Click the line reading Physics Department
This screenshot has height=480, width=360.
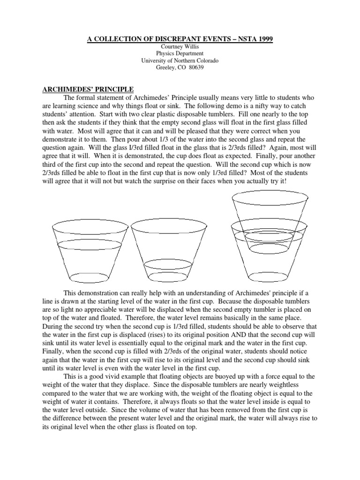click(180, 54)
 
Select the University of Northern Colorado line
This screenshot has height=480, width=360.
click(180, 61)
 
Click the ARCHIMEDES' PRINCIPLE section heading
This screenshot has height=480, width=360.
click(95, 89)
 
